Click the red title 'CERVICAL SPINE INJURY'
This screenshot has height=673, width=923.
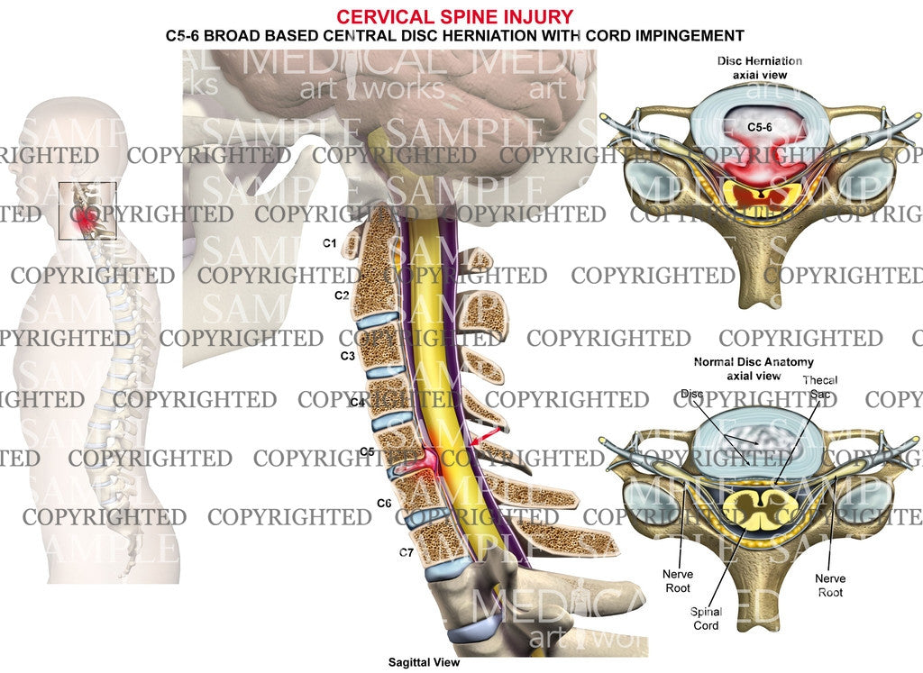pos(453,16)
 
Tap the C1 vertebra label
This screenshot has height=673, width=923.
pos(330,243)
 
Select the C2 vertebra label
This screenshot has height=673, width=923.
pos(342,296)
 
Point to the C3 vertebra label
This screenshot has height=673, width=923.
pos(347,357)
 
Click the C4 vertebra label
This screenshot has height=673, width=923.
pos(358,403)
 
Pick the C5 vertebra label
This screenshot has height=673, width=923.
pos(367,450)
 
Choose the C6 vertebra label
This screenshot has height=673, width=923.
pos(383,502)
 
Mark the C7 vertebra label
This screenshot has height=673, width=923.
pos(406,552)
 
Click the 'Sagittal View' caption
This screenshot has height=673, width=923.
pos(423,662)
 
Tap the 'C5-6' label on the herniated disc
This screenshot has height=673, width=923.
pos(762,127)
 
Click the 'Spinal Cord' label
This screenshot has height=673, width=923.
pos(706,619)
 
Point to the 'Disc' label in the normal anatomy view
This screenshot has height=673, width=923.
pos(691,394)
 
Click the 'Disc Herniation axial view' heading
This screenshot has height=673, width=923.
pos(759,68)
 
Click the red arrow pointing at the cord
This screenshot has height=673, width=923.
pos(483,437)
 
